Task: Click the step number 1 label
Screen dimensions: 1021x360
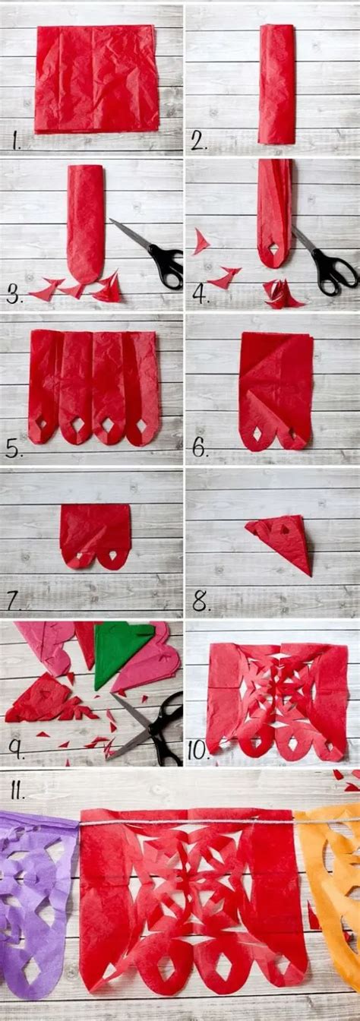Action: (x=17, y=141)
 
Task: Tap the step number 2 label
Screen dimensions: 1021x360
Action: (x=200, y=141)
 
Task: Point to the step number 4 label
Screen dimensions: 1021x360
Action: (x=200, y=294)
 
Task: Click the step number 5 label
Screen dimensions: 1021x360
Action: (x=14, y=448)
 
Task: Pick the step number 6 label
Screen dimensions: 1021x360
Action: (x=200, y=448)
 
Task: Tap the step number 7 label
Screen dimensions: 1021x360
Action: (x=14, y=602)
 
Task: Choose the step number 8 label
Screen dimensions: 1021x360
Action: (x=200, y=602)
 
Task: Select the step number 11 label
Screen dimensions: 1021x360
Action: (x=17, y=792)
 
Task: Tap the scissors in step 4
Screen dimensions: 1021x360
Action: (x=327, y=266)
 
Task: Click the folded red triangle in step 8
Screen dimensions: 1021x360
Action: (x=283, y=542)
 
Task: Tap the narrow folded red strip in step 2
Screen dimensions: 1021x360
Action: (x=276, y=84)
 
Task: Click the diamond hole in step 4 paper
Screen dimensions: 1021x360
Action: (x=274, y=248)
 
